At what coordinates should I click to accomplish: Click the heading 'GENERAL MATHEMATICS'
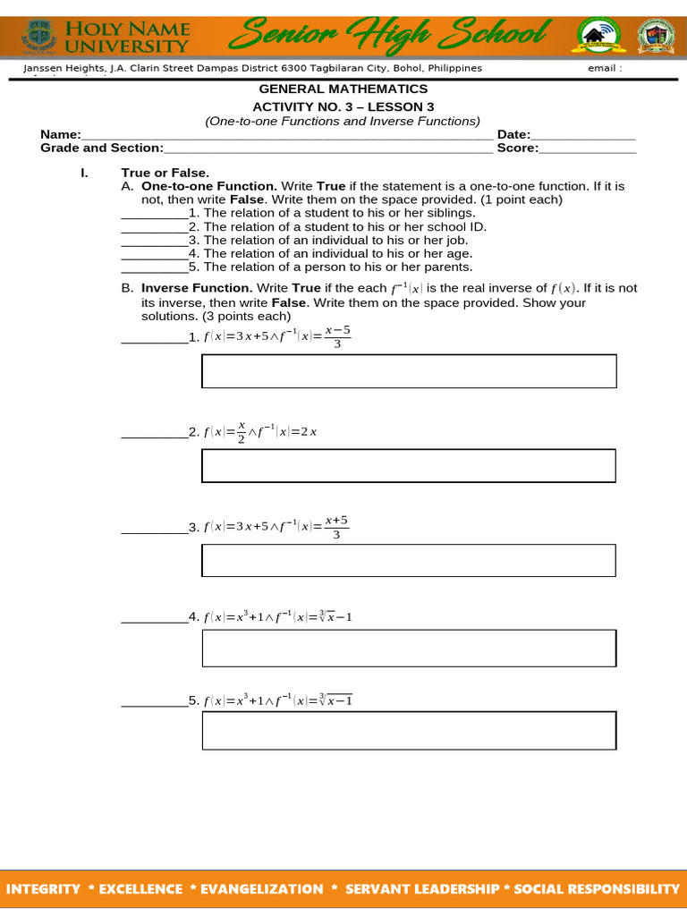pyautogui.click(x=343, y=89)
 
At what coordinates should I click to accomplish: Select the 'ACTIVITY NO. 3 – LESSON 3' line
pyautogui.click(x=343, y=106)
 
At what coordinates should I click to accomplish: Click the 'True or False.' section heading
pyautogui.click(x=165, y=172)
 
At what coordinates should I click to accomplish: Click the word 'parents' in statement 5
pyautogui.click(x=448, y=267)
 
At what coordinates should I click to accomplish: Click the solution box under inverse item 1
pyautogui.click(x=409, y=371)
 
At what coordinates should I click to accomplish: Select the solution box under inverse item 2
pyautogui.click(x=409, y=465)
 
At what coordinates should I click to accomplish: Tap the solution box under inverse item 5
pyautogui.click(x=409, y=730)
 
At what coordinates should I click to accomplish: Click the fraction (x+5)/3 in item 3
pyautogui.click(x=336, y=527)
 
